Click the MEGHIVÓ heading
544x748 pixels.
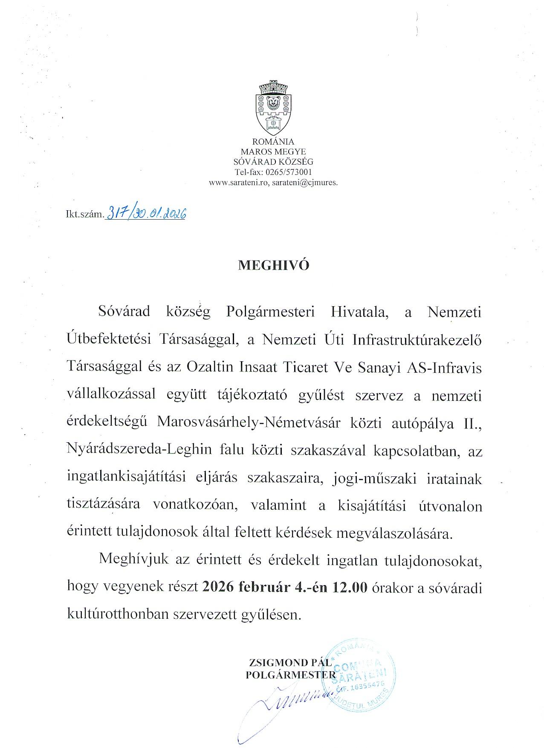tap(273, 265)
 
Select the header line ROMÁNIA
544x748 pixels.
tap(273, 142)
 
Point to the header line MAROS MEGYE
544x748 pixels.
tap(273, 151)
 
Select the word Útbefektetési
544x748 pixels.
tap(109, 340)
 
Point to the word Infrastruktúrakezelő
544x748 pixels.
tap(417, 340)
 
